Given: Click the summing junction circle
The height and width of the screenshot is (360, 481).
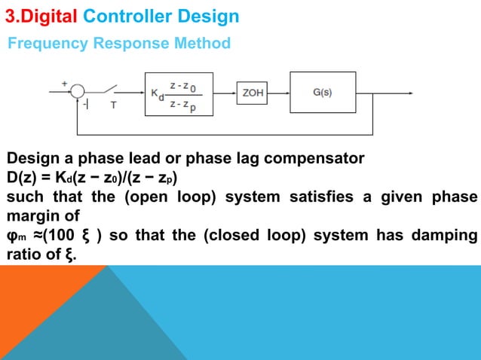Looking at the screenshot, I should pyautogui.click(x=78, y=91).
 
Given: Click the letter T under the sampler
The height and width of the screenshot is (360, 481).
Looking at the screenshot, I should pyautogui.click(x=114, y=105).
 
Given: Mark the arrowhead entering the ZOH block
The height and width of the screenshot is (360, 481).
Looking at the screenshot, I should pyautogui.click(x=233, y=93).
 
